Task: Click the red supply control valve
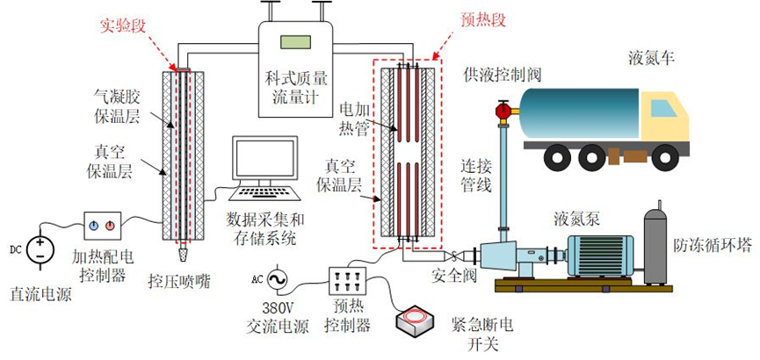coord(503,111)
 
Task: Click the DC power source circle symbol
coord(40,249)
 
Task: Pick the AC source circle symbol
coord(276,280)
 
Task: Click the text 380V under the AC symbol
coord(278,308)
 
